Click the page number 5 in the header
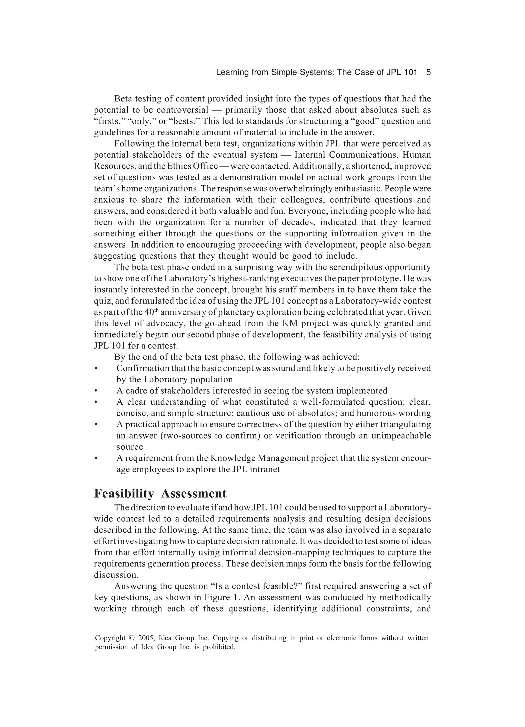coord(428,73)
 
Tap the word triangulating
coord(405,424)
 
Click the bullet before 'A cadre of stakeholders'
coord(96,391)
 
